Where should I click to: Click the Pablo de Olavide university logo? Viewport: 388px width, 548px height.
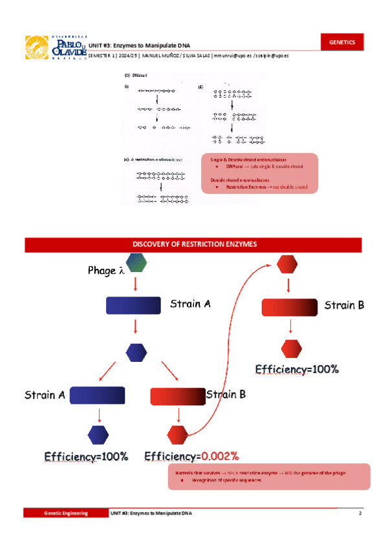[55, 47]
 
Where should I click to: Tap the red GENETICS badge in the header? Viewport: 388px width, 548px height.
[342, 42]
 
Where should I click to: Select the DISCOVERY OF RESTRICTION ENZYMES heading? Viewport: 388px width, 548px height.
[195, 245]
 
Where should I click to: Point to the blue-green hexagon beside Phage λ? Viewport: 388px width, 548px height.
[136, 264]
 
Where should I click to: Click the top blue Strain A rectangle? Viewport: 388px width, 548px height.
[133, 305]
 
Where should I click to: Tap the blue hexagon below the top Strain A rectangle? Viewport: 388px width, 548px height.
[136, 352]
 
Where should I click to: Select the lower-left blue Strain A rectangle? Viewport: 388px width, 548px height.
[97, 395]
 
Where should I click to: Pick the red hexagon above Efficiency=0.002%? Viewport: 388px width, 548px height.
[177, 434]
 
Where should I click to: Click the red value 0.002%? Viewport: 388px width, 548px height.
[220, 456]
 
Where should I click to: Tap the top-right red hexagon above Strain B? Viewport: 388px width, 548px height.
[286, 264]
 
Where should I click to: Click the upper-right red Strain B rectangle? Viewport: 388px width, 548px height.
[290, 308]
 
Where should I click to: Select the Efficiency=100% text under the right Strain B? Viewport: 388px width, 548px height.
[297, 369]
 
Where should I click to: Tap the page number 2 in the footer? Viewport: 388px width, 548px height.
[359, 512]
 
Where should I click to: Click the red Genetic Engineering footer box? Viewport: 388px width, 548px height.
[65, 512]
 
